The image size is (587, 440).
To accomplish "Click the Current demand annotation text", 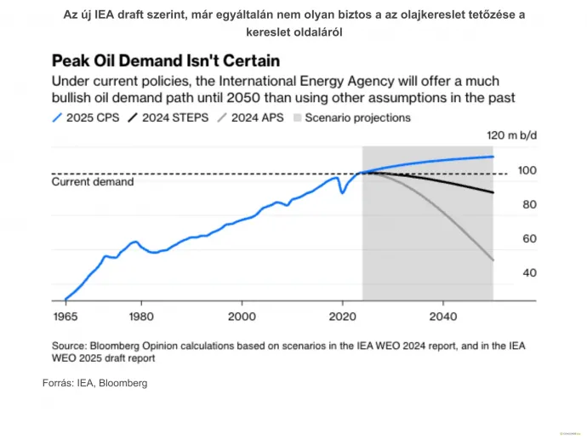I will point(93,182).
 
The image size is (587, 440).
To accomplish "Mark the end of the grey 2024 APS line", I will point(493,260).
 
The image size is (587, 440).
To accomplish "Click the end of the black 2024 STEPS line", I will point(493,192).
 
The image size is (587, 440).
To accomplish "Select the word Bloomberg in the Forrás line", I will point(123,384).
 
